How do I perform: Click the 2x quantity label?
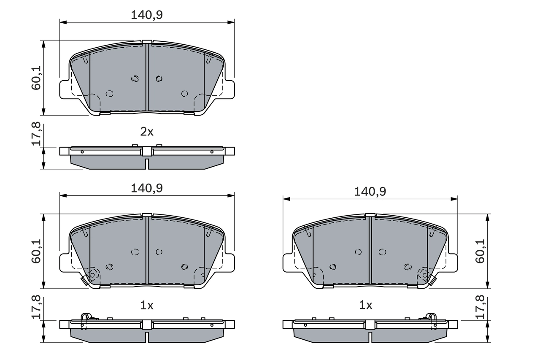click(147, 132)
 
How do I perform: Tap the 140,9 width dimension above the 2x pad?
click(147, 15)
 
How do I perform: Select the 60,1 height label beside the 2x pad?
click(36, 78)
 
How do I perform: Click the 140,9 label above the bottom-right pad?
click(370, 192)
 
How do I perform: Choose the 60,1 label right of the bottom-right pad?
click(480, 251)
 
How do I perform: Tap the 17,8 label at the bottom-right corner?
click(480, 307)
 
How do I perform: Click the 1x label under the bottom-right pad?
click(365, 305)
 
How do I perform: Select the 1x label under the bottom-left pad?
click(147, 305)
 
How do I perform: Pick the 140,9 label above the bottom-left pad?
click(147, 188)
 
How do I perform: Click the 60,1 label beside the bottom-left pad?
click(36, 251)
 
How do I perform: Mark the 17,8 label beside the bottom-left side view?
click(36, 307)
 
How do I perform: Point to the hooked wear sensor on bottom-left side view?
click(86, 318)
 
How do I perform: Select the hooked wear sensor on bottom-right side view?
click(431, 318)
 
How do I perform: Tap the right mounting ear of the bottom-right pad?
click(452, 262)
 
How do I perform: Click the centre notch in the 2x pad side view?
click(147, 164)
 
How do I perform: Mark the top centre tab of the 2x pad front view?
click(147, 42)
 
